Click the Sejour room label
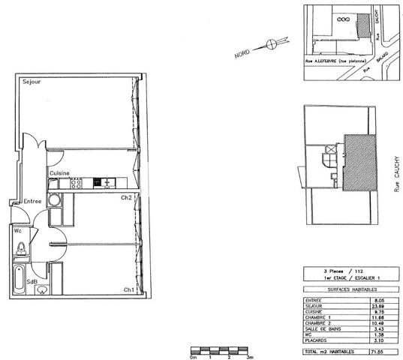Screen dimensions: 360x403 point(31,80)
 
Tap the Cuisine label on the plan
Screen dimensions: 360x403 point(60,173)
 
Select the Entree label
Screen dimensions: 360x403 point(32,201)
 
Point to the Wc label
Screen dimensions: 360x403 point(17,231)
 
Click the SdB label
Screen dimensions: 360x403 point(32,281)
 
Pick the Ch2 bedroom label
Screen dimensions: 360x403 point(127,198)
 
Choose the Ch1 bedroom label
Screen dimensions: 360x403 point(129,289)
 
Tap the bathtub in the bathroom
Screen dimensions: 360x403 point(18,279)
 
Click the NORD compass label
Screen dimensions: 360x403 point(242,54)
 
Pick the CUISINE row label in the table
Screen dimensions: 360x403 point(316,310)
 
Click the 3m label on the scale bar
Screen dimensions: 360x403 point(250,358)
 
